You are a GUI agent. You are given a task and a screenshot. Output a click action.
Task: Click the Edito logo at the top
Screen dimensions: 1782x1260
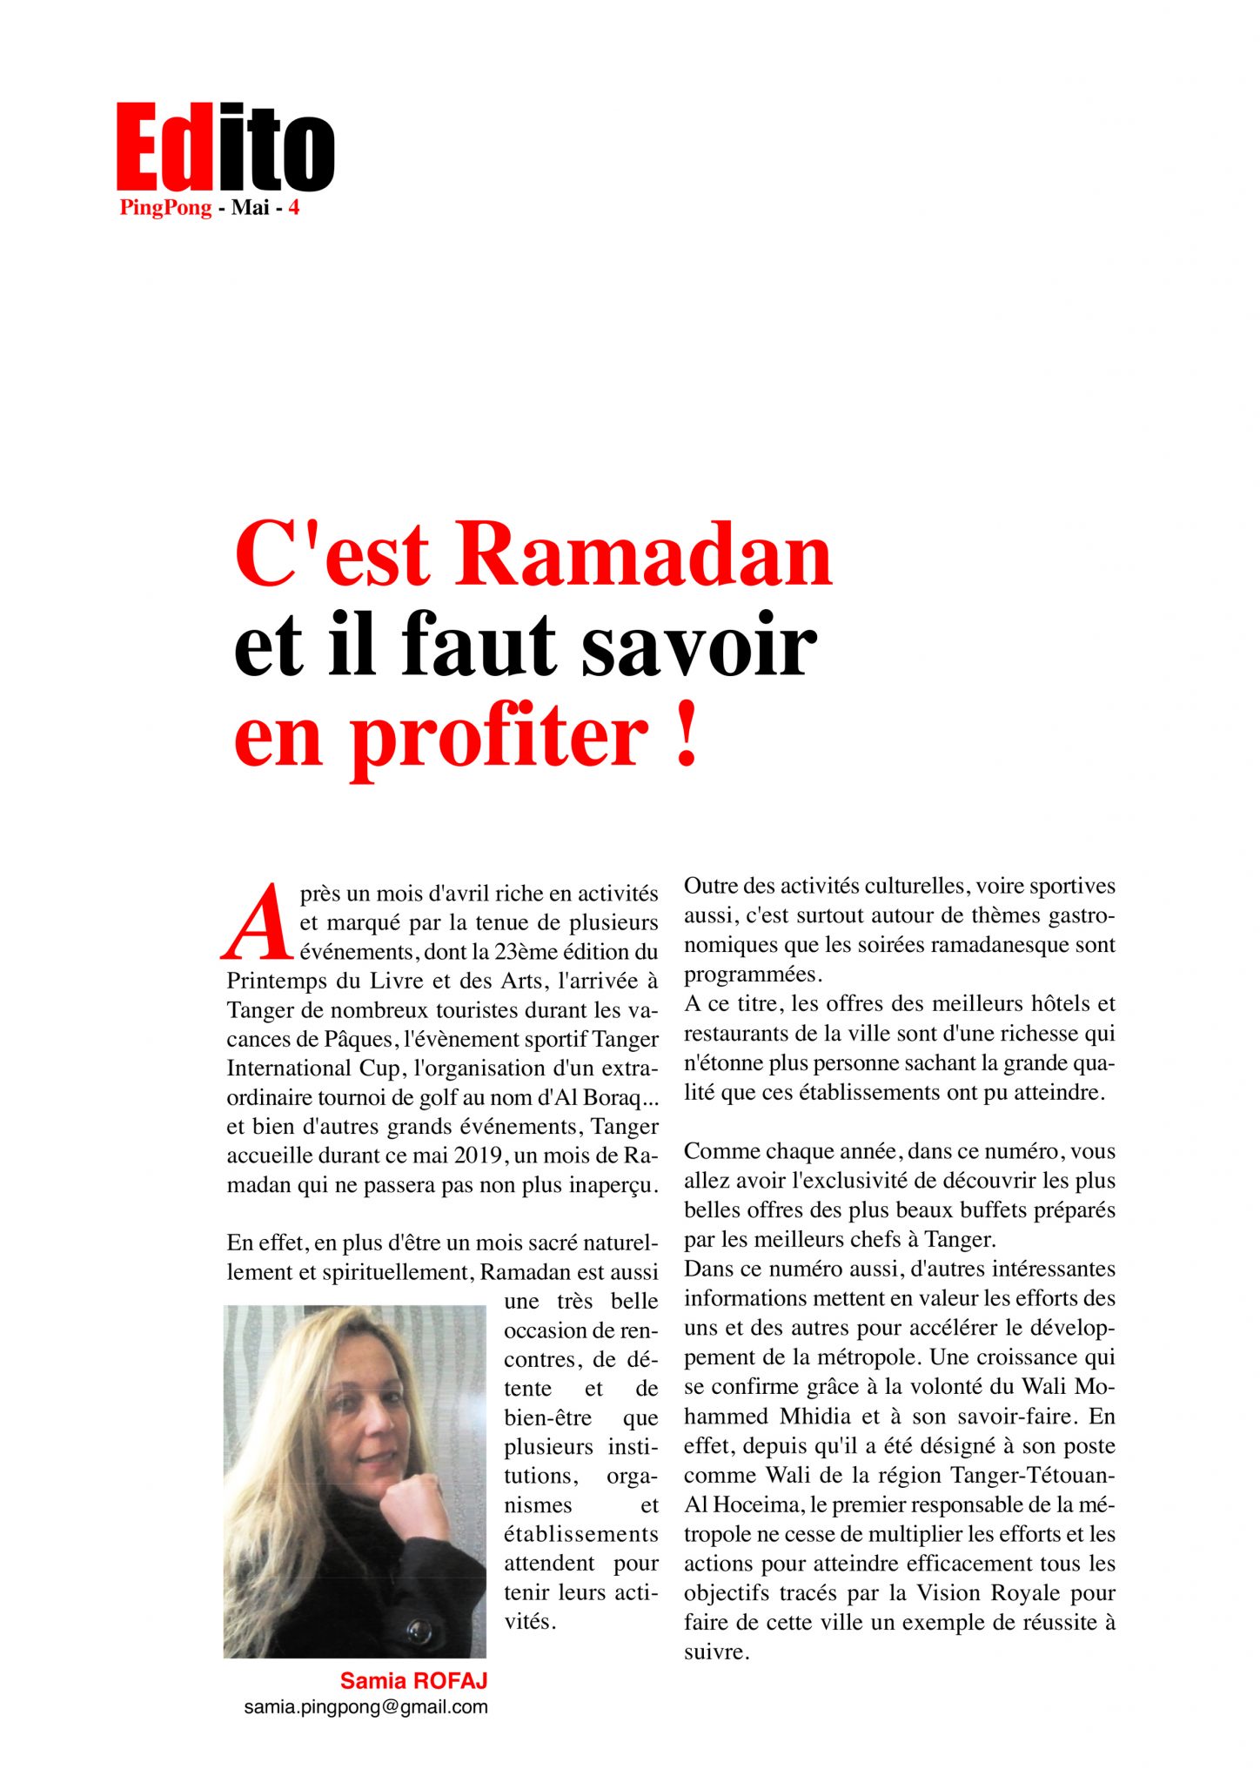click(x=225, y=147)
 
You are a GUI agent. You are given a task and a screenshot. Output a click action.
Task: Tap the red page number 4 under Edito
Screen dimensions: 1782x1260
click(x=294, y=208)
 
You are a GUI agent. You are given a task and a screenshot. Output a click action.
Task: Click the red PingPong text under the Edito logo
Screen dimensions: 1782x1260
click(x=166, y=208)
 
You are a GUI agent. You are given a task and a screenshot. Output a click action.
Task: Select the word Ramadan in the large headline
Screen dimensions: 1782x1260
click(x=643, y=555)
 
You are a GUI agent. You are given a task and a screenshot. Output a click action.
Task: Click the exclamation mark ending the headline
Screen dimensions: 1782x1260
click(x=687, y=736)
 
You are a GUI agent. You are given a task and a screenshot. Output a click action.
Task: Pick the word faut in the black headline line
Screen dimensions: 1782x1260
click(x=479, y=646)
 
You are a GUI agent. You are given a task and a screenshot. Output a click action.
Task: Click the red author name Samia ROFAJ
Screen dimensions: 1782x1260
click(x=413, y=1680)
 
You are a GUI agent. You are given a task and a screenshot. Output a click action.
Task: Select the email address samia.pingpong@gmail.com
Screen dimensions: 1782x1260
click(x=365, y=1707)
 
